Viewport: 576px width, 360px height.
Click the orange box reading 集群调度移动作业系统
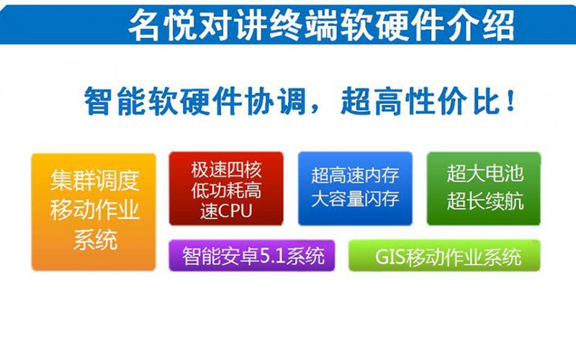[94, 212]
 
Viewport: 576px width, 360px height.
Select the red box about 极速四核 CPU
[226, 189]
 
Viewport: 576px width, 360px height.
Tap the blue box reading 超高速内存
[355, 189]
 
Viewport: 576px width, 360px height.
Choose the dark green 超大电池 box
[484, 189]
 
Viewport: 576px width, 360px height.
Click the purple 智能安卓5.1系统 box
[251, 256]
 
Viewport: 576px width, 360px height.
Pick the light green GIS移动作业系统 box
[444, 256]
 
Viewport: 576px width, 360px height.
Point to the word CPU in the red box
[235, 211]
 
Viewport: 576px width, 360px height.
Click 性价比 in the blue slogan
[449, 101]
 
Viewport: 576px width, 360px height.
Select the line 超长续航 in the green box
[485, 202]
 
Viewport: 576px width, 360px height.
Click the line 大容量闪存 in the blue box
[355, 199]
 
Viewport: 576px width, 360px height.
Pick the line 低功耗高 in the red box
[226, 191]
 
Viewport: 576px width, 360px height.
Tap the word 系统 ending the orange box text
[96, 240]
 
